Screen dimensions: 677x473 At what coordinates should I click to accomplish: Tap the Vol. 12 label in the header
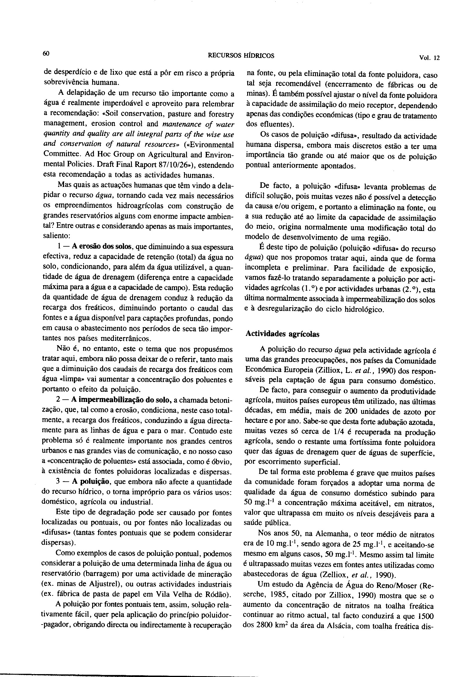(429, 58)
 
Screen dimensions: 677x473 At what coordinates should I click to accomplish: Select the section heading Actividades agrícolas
(283, 334)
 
